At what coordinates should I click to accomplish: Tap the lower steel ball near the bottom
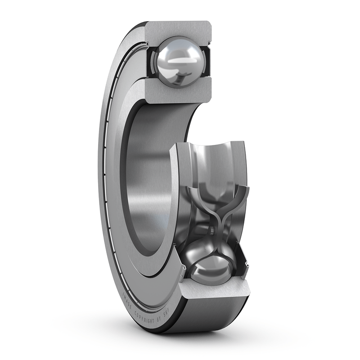coord(211,267)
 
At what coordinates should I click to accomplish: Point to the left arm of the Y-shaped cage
coord(198,198)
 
